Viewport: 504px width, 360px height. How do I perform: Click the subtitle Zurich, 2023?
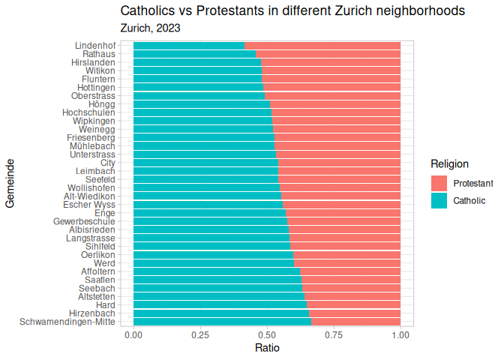click(150, 28)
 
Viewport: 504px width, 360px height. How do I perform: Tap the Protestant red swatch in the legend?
click(439, 183)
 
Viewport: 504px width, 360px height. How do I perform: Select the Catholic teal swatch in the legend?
click(439, 200)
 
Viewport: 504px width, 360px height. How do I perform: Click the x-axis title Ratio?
click(267, 349)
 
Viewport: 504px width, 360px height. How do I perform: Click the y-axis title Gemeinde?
click(10, 183)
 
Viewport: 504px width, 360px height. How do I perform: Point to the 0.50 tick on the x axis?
click(267, 334)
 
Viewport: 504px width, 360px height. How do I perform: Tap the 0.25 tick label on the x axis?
click(200, 334)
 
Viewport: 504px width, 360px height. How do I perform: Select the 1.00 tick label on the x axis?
click(400, 334)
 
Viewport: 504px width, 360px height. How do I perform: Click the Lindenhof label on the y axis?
click(95, 46)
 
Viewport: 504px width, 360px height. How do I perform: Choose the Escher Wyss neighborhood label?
click(89, 204)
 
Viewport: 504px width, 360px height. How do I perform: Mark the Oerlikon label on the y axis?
click(97, 255)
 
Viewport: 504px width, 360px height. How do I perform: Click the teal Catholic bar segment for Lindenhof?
click(189, 46)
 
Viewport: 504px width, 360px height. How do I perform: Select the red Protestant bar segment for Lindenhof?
click(322, 46)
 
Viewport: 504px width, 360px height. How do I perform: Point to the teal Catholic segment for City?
click(206, 162)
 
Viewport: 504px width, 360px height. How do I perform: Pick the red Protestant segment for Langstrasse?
click(344, 238)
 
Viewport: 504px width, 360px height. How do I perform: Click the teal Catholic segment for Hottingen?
click(199, 88)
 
